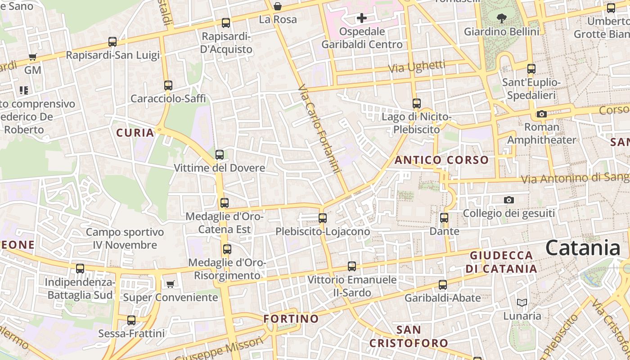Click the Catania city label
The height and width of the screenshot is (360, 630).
[x=583, y=248]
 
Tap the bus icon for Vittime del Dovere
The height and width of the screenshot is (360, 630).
[x=220, y=155]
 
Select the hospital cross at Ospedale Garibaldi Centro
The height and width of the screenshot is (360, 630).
[x=362, y=18]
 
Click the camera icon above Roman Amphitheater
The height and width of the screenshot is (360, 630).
[x=542, y=114]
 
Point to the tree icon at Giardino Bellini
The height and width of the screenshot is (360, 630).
[x=501, y=18]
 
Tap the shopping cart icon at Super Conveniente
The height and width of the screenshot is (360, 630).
[x=170, y=284]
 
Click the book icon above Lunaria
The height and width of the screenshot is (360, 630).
[x=522, y=302]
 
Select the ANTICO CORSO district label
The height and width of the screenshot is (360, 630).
[x=441, y=160]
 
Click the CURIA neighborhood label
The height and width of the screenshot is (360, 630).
[x=135, y=133]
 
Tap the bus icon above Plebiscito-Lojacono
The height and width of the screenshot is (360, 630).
[x=322, y=218]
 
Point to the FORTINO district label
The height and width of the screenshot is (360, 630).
[x=291, y=319]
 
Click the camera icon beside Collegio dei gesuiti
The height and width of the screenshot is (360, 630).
[x=509, y=200]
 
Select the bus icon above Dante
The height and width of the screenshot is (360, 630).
[x=444, y=218]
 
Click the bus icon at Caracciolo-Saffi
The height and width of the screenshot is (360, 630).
[x=168, y=85]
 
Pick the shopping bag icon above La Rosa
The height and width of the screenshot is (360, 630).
[x=278, y=6]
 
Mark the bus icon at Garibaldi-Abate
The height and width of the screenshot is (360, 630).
[x=443, y=284]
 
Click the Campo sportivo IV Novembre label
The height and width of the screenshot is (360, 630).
[x=125, y=238]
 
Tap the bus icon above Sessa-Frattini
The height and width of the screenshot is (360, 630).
[x=131, y=320]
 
